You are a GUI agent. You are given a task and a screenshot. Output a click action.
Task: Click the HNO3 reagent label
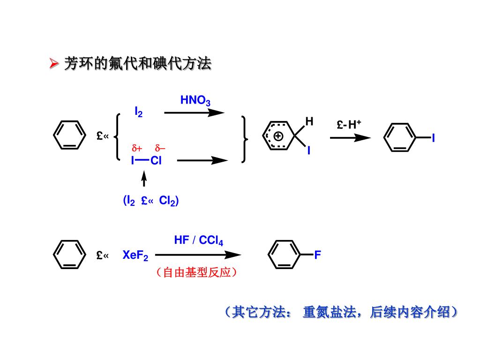(195, 101)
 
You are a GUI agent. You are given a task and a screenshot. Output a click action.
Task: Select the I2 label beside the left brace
(139, 112)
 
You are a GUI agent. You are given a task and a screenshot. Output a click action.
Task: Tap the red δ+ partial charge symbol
(136, 149)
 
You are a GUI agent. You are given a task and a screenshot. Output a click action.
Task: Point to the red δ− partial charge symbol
(160, 149)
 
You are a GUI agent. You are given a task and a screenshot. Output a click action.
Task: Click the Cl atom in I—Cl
(156, 161)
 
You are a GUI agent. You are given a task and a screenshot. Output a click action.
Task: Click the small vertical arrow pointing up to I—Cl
(144, 179)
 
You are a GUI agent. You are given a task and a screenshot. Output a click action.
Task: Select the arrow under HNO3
(194, 112)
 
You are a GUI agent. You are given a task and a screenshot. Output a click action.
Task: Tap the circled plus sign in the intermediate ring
(278, 136)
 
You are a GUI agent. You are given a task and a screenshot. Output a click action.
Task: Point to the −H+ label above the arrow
(349, 125)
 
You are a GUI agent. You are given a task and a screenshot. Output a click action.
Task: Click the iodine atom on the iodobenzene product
(433, 138)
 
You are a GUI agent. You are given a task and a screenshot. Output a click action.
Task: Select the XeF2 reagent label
(135, 256)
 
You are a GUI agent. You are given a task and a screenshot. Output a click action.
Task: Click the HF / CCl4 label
(198, 241)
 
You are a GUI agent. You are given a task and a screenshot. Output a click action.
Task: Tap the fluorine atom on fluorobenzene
(317, 255)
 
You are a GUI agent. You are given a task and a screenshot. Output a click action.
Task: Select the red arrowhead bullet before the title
(54, 63)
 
